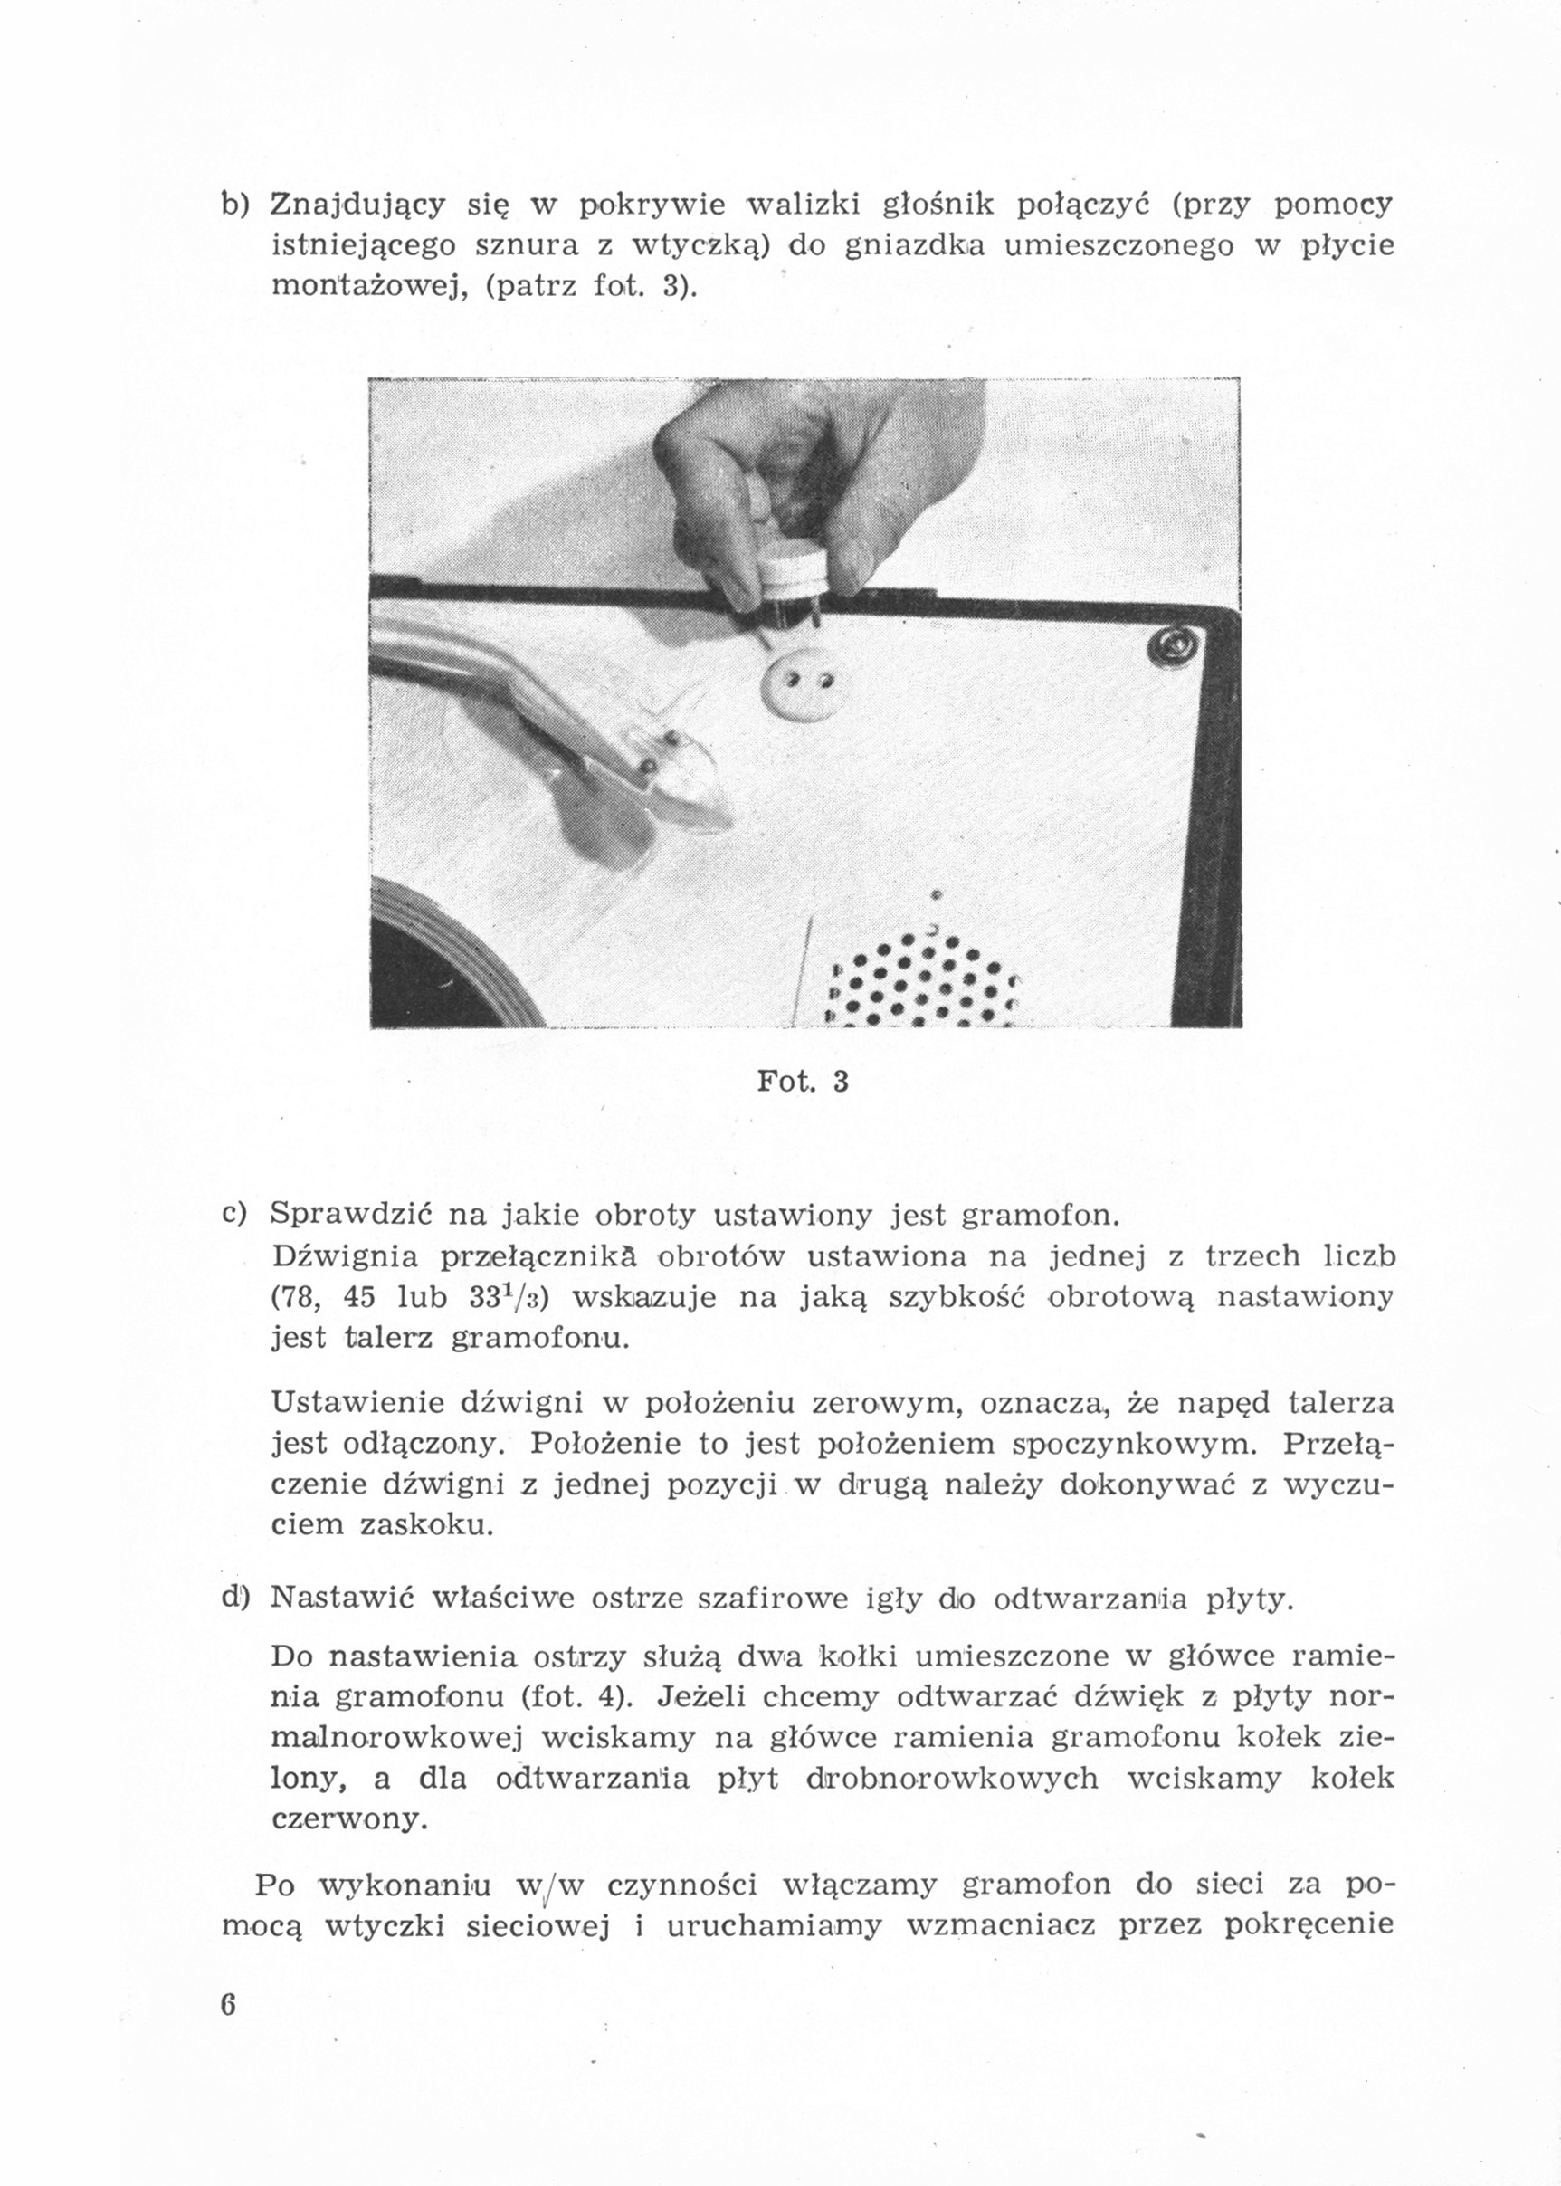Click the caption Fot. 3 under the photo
803,1082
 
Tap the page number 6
228,2004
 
